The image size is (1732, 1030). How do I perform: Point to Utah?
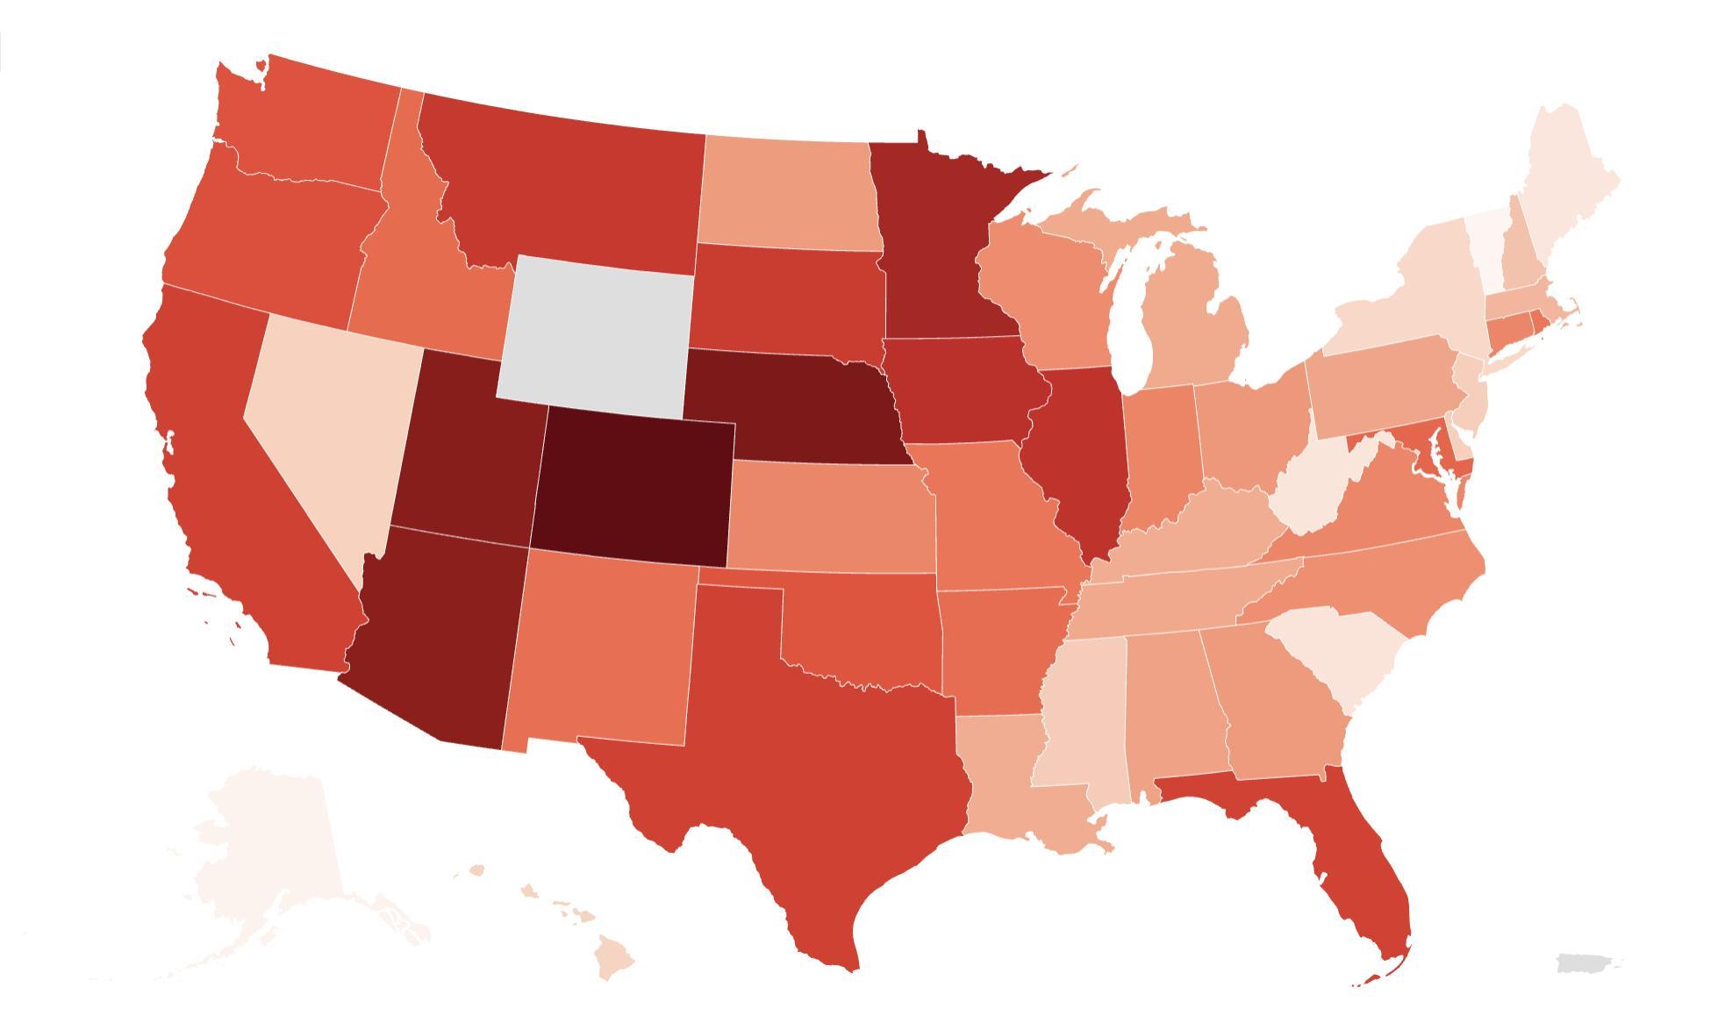(465, 447)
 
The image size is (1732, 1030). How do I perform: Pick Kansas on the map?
(829, 518)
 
